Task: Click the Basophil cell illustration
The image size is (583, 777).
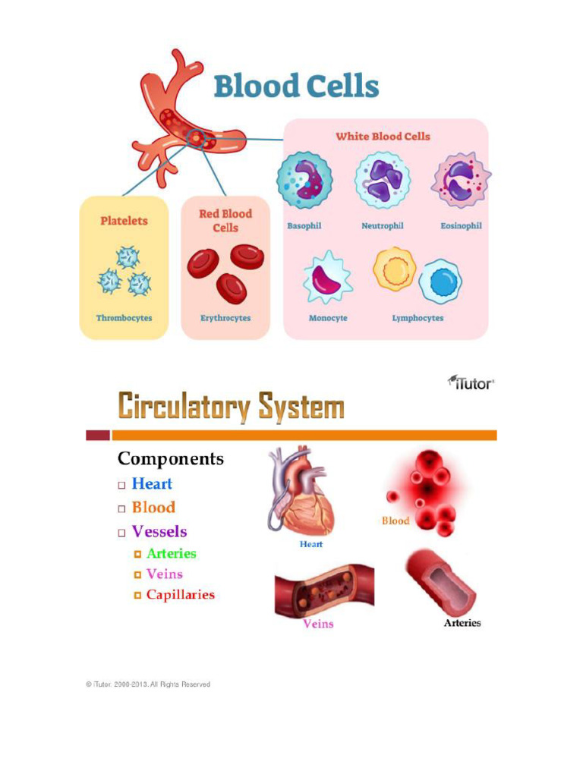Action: click(304, 181)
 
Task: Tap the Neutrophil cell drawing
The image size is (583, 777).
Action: click(382, 181)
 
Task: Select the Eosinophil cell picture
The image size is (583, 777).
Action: click(461, 181)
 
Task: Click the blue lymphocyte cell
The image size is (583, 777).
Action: click(440, 281)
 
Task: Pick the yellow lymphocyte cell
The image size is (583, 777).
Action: click(395, 269)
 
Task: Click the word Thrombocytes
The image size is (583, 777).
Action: click(124, 318)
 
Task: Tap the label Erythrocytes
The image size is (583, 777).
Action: click(225, 318)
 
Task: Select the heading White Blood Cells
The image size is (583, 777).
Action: click(383, 137)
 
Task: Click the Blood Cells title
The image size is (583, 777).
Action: click(296, 87)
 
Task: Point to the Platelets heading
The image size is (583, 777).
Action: click(124, 221)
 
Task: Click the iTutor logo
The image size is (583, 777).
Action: click(471, 382)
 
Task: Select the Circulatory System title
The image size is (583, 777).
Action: click(231, 407)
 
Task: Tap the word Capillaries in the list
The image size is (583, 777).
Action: click(181, 595)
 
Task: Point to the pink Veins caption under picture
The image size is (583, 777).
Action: click(318, 624)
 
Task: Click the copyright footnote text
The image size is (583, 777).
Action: click(148, 684)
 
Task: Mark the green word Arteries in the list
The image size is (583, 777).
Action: click(172, 553)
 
